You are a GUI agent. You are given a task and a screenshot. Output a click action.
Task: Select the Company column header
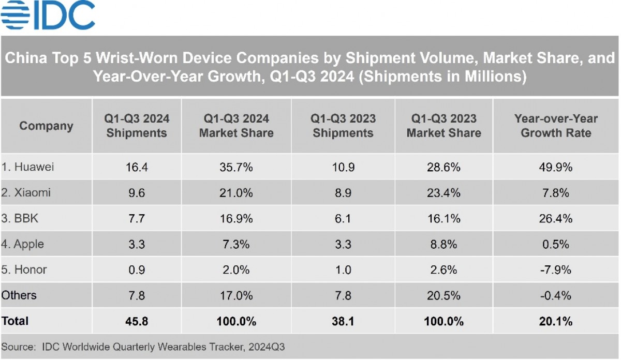tap(46, 126)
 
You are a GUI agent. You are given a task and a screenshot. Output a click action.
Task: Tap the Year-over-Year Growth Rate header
tap(556, 126)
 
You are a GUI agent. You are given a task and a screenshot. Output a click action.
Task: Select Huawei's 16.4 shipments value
tap(137, 167)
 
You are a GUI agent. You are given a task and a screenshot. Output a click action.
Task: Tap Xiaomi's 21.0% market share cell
tap(236, 193)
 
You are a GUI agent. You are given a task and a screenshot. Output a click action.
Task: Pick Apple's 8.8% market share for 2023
tap(443, 244)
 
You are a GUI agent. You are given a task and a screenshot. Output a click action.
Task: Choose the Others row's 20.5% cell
tap(443, 295)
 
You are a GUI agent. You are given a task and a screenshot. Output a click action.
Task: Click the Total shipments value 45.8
tap(137, 321)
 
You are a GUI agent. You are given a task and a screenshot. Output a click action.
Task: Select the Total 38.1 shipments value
tap(343, 321)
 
